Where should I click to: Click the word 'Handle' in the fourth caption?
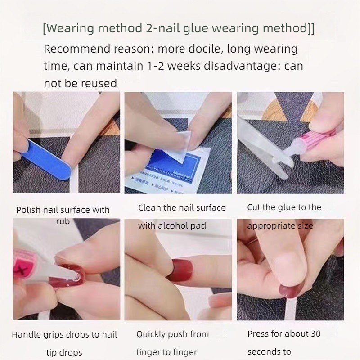point(27,335)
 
